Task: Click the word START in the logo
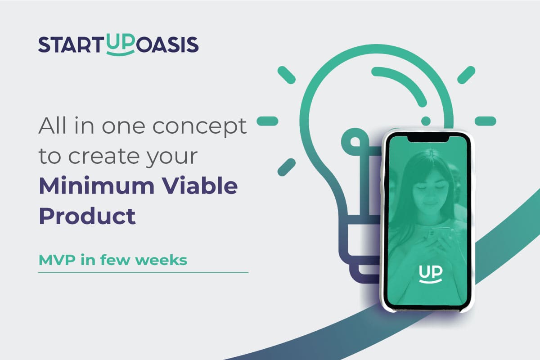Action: click(x=71, y=45)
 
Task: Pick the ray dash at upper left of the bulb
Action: click(x=287, y=75)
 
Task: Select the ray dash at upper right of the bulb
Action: click(x=466, y=75)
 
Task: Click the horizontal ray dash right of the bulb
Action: click(x=485, y=121)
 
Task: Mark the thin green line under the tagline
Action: click(x=143, y=273)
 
